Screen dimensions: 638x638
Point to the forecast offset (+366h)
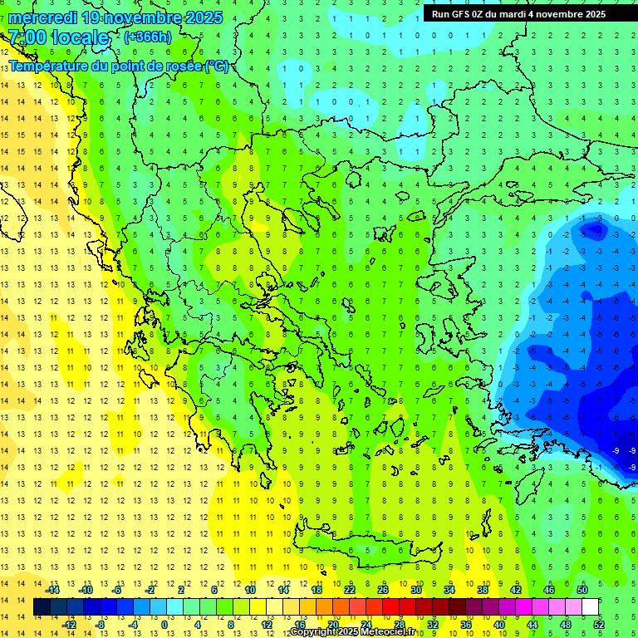pos(148,37)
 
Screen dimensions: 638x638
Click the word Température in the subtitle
pos(48,66)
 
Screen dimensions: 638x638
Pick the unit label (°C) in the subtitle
pos(216,66)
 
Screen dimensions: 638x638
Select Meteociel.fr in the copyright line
pos(385,632)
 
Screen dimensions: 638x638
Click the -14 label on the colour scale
pos(53,590)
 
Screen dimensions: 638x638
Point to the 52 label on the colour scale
pos(599,624)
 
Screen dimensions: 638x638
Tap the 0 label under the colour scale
pos(164,624)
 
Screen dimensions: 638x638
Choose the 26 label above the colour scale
pos(383,590)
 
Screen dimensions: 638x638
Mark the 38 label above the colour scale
pos(482,590)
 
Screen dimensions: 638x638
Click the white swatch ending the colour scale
pos(591,607)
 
